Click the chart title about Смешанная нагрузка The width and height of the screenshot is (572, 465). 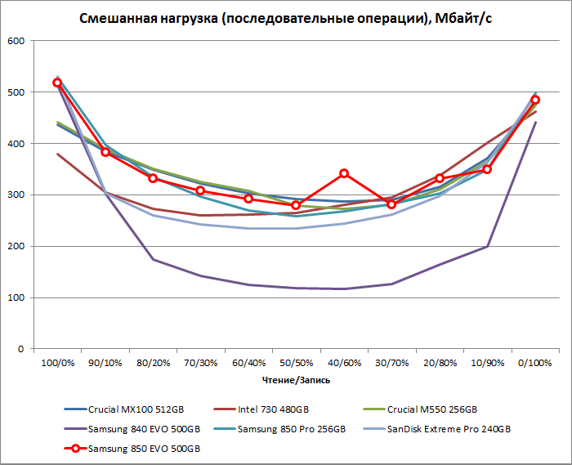285,19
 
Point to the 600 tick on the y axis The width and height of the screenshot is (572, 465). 16,41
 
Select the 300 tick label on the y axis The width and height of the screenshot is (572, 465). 16,194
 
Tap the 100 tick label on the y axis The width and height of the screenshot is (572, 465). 16,297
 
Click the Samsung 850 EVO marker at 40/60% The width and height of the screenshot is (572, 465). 344,173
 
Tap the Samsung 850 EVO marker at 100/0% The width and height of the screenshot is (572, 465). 57,83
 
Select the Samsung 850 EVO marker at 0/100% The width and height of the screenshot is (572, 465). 535,100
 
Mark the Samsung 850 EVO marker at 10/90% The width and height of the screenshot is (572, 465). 487,169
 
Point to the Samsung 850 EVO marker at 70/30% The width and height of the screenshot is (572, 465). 200,190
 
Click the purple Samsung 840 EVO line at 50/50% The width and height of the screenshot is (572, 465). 296,288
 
